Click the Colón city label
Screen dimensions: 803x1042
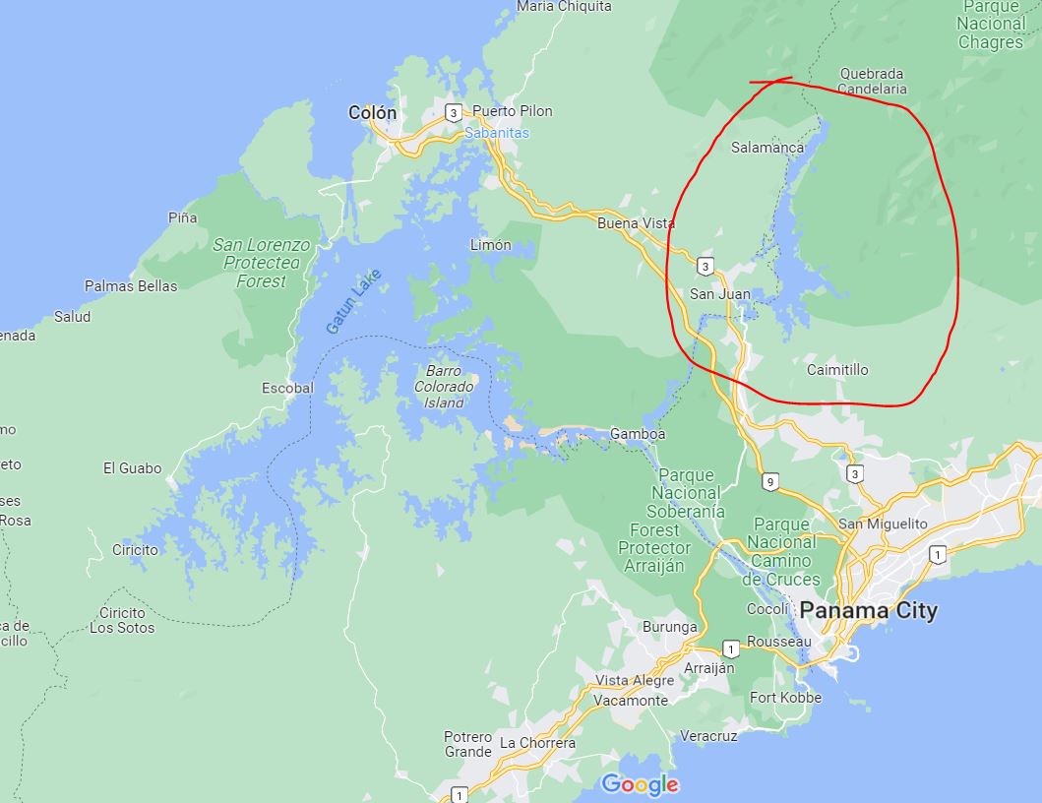(x=373, y=113)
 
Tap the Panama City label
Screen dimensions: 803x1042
(x=868, y=610)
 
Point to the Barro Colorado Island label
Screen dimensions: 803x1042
(x=451, y=387)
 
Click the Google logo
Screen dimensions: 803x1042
(x=640, y=784)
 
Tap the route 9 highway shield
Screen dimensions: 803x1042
(x=769, y=481)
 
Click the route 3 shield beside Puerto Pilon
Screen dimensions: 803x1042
(x=452, y=112)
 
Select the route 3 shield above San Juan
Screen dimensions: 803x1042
(x=705, y=266)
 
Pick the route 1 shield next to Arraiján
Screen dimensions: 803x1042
(x=730, y=649)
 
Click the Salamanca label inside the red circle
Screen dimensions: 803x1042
(x=767, y=148)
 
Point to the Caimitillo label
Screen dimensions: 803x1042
(x=837, y=370)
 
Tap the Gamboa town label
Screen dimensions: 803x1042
(x=638, y=434)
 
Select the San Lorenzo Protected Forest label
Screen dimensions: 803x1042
(x=261, y=263)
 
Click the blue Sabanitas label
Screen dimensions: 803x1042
(x=497, y=132)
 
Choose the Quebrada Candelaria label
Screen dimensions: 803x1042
(x=872, y=81)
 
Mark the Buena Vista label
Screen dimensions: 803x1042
(x=637, y=223)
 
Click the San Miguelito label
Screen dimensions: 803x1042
(x=883, y=524)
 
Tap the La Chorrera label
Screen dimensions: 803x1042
(x=537, y=743)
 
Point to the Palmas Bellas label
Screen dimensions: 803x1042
(x=131, y=286)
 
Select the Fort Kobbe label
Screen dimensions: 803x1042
(x=785, y=698)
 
